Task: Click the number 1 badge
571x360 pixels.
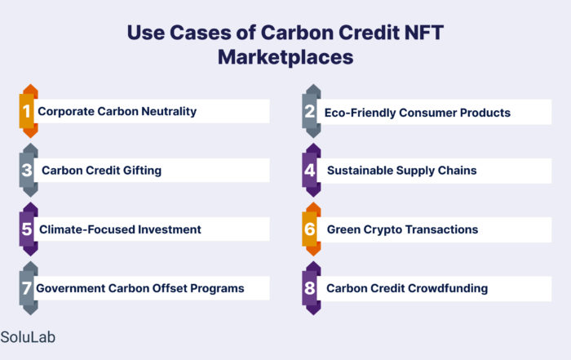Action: [x=29, y=111]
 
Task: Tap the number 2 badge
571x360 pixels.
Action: [x=312, y=111]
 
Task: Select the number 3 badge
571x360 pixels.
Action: [x=29, y=170]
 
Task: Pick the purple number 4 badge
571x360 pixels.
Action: [x=312, y=170]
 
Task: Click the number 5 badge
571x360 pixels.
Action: [x=29, y=229]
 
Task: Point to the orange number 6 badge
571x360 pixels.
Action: [x=312, y=229]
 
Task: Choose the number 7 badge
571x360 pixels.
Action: [x=29, y=288]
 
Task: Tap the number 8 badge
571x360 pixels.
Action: [x=312, y=288]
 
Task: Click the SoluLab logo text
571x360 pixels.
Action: [x=28, y=337]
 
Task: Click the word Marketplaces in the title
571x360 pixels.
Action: [x=285, y=57]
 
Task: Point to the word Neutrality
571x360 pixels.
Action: [x=169, y=112]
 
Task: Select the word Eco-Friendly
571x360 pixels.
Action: [x=360, y=113]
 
